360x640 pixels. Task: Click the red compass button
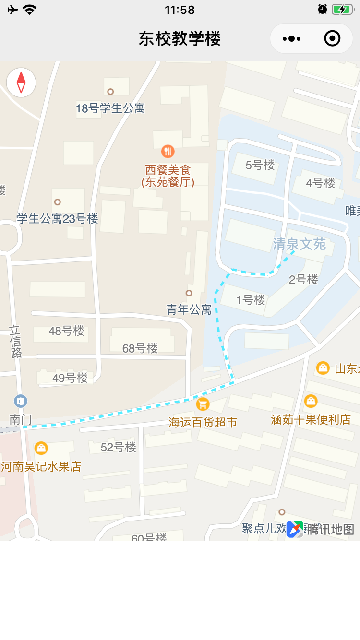click(x=21, y=83)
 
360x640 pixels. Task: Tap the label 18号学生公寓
click(x=110, y=108)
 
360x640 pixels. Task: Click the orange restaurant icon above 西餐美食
click(x=168, y=152)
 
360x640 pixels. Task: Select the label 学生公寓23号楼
click(x=58, y=219)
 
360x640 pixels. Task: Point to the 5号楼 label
click(x=260, y=166)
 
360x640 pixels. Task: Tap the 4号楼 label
click(x=321, y=183)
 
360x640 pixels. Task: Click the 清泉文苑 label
click(x=300, y=244)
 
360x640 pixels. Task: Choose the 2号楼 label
click(x=303, y=279)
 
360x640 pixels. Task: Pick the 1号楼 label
click(x=251, y=300)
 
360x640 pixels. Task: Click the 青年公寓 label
click(x=189, y=309)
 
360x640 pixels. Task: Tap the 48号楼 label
click(x=67, y=331)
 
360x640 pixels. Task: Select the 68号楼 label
click(x=140, y=348)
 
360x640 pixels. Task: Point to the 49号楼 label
click(x=70, y=378)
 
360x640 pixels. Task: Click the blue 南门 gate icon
click(x=21, y=401)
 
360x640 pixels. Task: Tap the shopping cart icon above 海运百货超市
click(x=203, y=404)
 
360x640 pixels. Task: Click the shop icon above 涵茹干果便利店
click(x=311, y=401)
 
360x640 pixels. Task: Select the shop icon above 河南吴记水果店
click(x=41, y=448)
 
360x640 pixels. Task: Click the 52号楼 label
click(x=119, y=447)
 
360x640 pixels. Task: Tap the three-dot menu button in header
click(x=292, y=38)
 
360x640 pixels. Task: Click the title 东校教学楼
click(x=180, y=38)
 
